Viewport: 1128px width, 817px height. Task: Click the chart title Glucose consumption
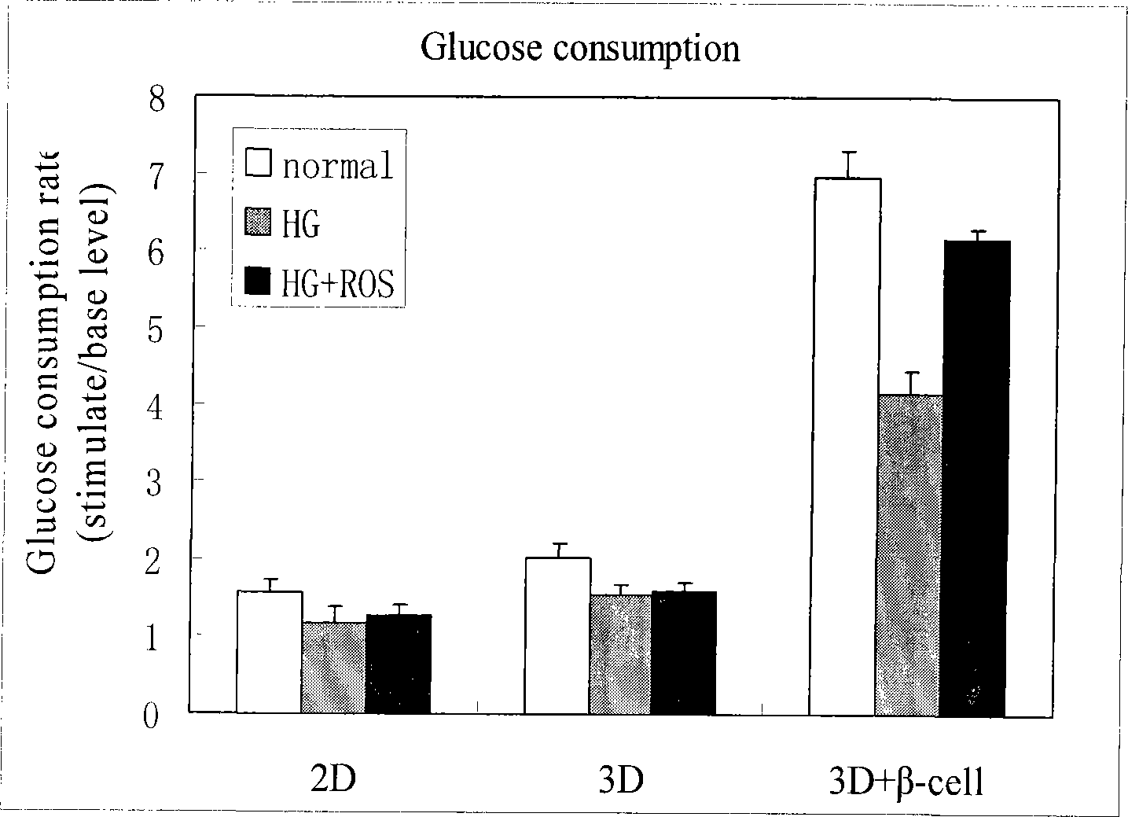tap(580, 49)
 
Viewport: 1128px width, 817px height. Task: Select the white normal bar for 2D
tap(269, 652)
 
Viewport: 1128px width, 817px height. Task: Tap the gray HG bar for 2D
tap(333, 668)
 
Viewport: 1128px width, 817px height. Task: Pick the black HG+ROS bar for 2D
tap(399, 664)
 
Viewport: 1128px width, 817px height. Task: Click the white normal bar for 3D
tap(557, 635)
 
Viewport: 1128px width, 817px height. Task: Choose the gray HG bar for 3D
tap(621, 654)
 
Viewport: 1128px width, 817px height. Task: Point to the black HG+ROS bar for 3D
tap(684, 653)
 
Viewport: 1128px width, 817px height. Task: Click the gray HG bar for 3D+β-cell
tap(909, 555)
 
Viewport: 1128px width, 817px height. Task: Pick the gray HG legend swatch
tap(259, 223)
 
